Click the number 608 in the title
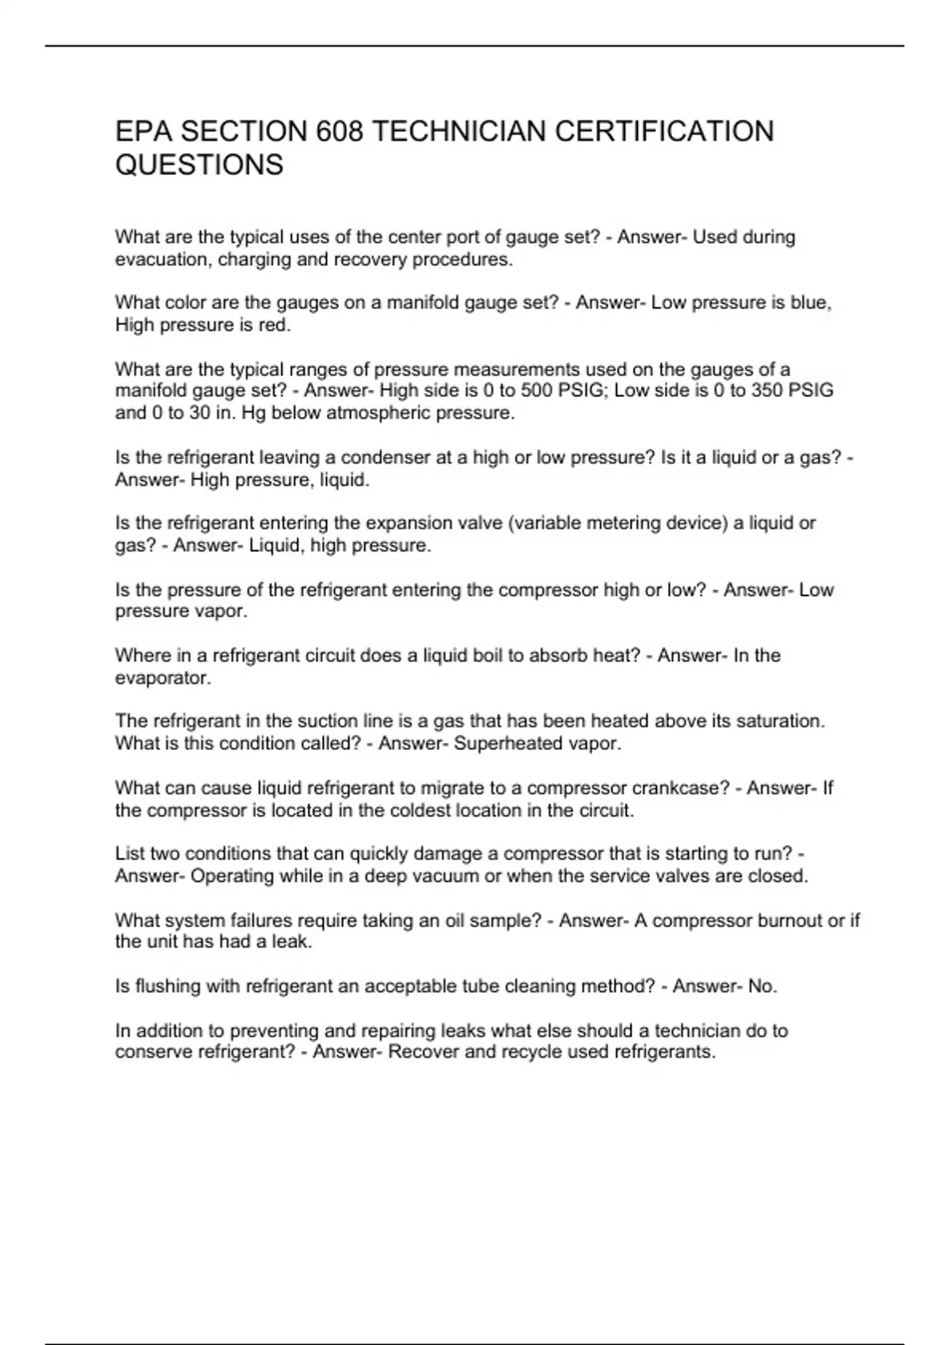point(340,131)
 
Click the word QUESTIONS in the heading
point(199,165)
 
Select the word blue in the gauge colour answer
point(809,303)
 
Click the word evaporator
point(163,678)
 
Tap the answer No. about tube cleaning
point(762,986)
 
